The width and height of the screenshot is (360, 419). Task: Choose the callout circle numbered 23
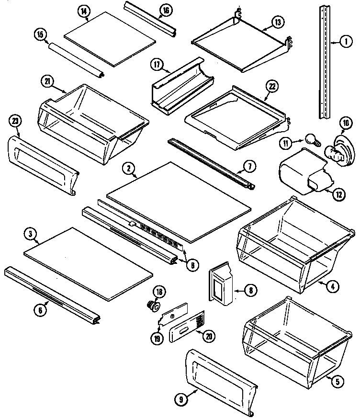coord(15,122)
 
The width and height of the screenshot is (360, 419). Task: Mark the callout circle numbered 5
coord(337,381)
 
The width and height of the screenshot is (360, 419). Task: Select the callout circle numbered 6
coord(40,310)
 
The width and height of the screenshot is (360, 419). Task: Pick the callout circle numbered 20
coord(208,337)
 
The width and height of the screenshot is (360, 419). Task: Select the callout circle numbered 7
coord(249,167)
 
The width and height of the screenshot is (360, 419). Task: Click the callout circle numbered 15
coord(40,34)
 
